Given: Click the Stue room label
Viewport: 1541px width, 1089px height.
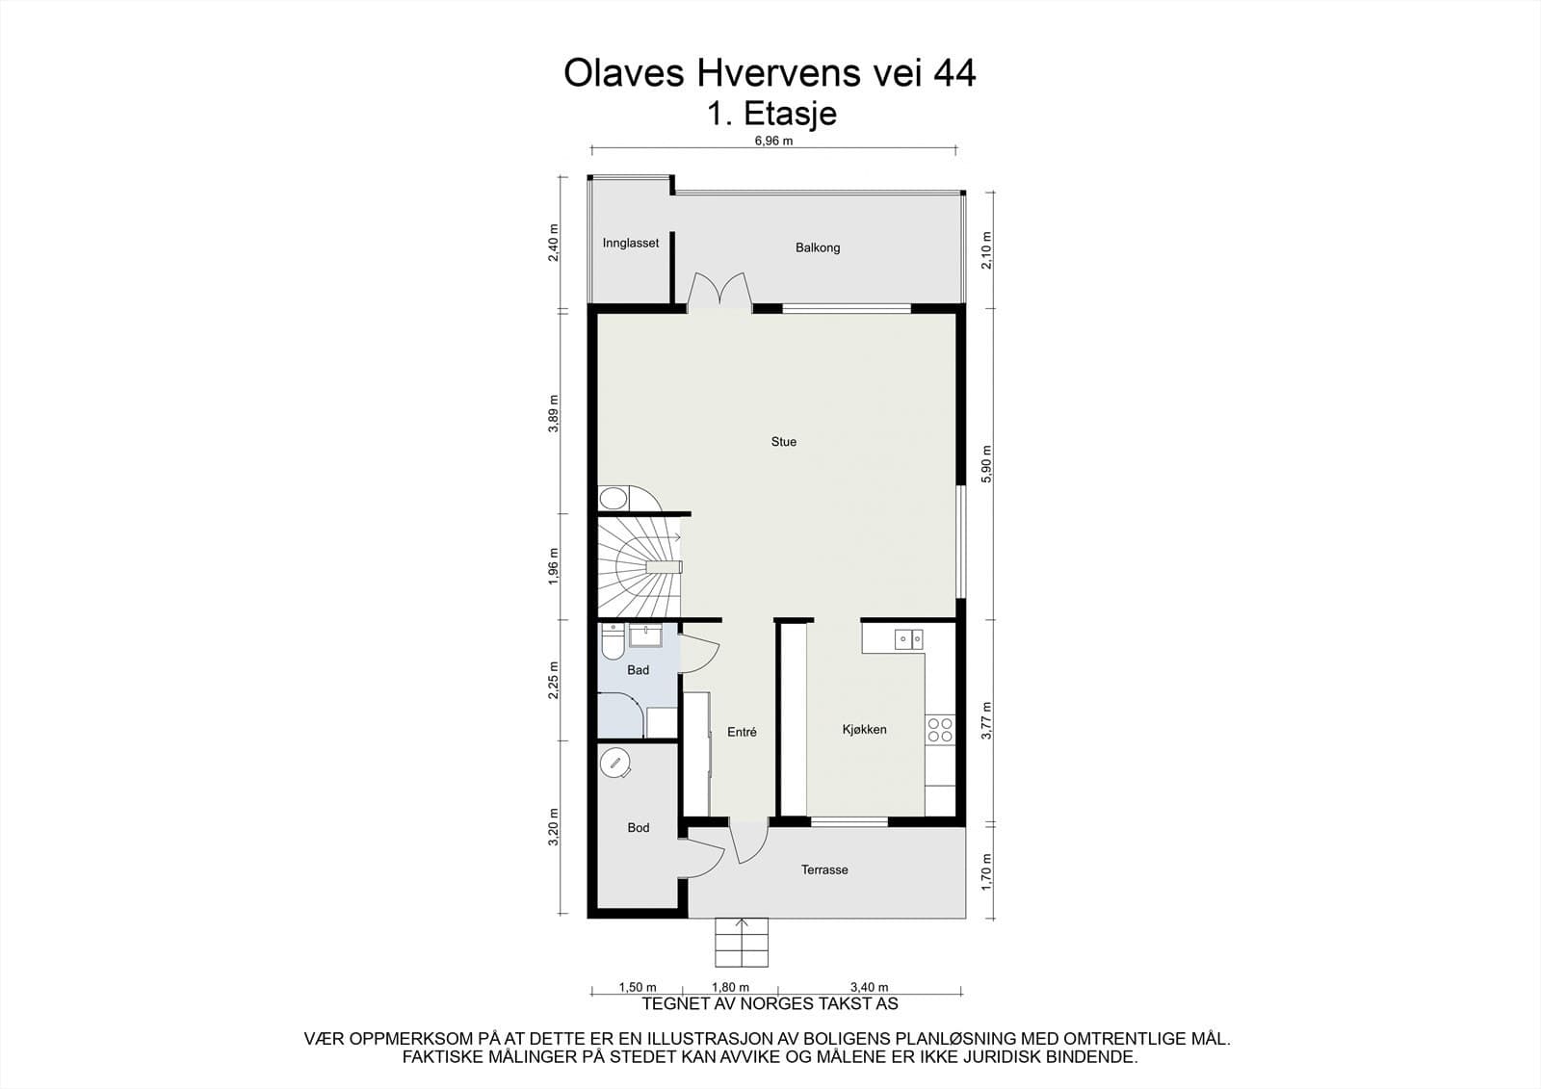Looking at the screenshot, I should click(783, 442).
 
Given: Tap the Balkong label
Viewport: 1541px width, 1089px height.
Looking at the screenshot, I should click(817, 247).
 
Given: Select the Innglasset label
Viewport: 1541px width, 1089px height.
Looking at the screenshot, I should click(631, 244).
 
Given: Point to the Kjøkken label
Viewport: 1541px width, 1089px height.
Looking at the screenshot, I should click(864, 730).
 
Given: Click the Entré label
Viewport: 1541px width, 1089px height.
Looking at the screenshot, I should click(742, 732).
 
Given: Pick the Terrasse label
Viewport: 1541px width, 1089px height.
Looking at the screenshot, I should click(824, 869).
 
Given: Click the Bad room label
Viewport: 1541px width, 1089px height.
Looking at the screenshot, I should click(638, 670).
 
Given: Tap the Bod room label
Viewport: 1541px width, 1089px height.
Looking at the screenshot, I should click(638, 827).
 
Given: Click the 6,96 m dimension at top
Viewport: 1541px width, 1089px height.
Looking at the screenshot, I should click(773, 141).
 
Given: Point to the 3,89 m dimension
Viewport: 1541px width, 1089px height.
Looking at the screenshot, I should click(553, 414).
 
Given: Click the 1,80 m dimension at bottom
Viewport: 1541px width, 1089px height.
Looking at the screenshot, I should click(730, 987).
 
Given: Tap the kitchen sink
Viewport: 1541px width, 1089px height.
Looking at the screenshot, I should click(908, 638).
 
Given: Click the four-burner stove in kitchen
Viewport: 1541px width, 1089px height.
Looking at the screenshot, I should click(940, 730).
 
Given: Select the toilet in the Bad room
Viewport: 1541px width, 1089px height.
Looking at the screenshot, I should click(611, 642).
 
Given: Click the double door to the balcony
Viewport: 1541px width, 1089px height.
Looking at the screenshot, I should click(719, 291).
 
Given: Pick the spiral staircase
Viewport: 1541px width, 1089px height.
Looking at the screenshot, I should click(639, 567).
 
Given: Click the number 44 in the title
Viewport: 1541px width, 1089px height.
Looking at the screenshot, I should click(953, 73).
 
